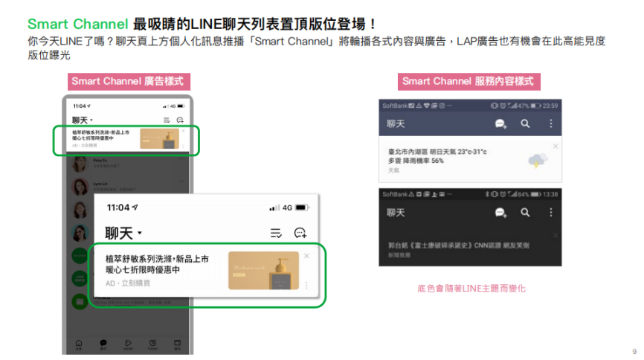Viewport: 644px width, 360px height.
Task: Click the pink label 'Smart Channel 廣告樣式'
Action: click(126, 81)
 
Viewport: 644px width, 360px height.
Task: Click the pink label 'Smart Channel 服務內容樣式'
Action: click(469, 81)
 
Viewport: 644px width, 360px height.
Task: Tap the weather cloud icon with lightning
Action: click(537, 159)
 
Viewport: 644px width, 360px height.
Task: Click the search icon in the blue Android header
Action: click(525, 124)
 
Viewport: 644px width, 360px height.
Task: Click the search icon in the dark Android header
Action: click(525, 213)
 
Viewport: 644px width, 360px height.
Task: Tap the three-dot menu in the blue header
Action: click(550, 124)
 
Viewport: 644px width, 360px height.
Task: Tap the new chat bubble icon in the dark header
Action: click(501, 213)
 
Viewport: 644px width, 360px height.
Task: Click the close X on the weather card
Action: click(556, 146)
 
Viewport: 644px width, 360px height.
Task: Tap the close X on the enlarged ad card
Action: click(306, 256)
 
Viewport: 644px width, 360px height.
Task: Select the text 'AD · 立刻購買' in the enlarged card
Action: click(128, 283)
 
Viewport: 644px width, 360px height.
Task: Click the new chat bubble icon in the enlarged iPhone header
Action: click(300, 233)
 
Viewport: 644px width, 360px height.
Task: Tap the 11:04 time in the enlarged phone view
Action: click(121, 208)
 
